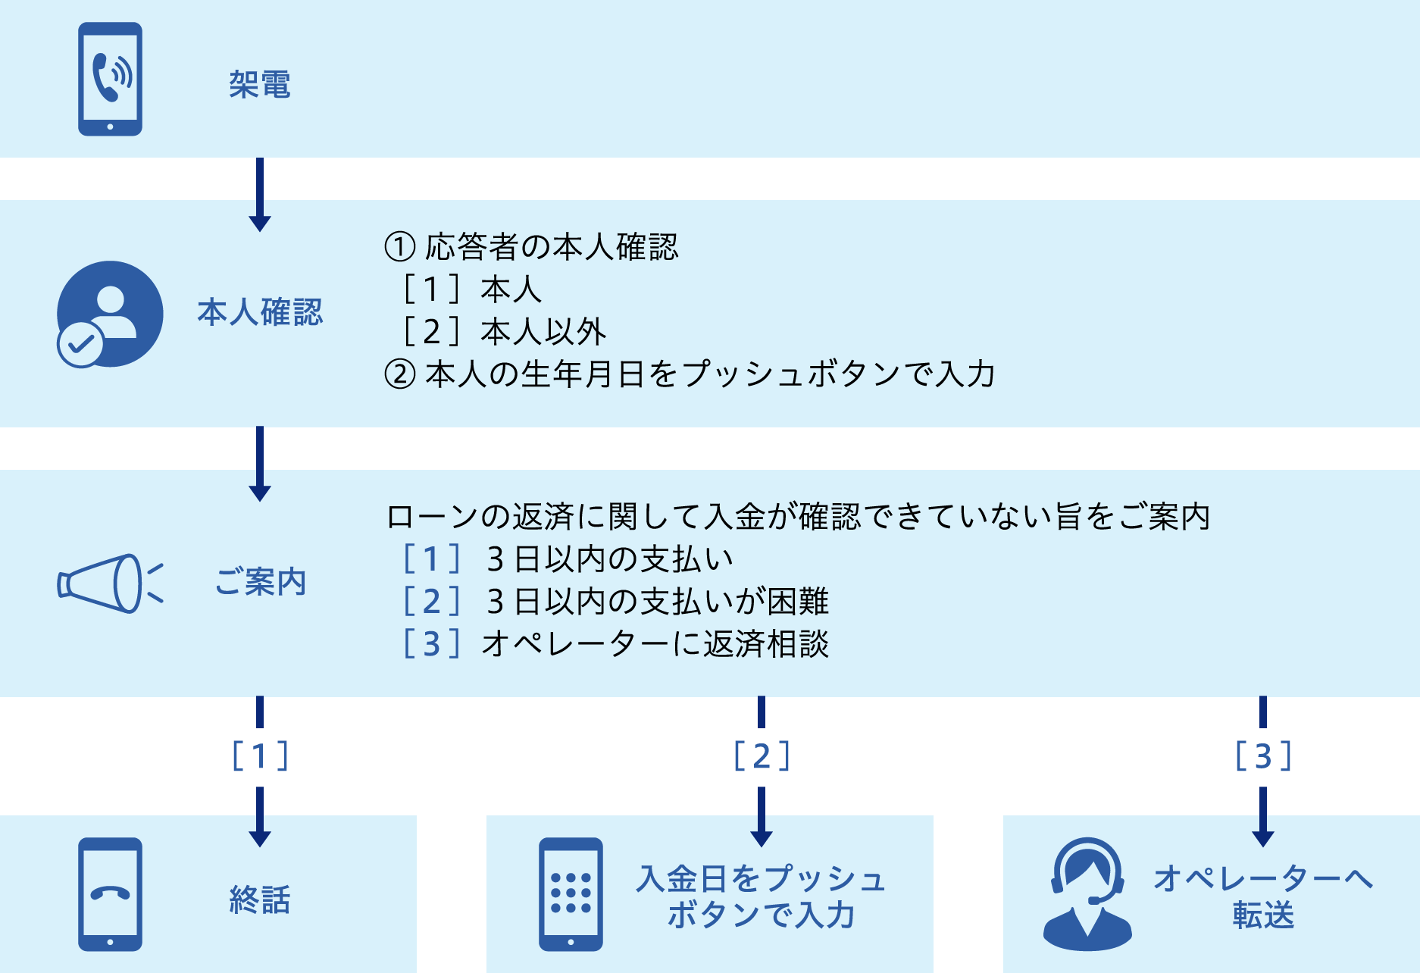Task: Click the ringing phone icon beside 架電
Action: tap(110, 79)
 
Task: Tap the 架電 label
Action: tap(260, 84)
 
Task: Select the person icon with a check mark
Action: tap(109, 314)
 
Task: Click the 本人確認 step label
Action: tap(260, 312)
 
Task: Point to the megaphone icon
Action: tap(111, 583)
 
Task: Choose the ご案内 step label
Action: tap(260, 582)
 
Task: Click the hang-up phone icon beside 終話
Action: tap(110, 894)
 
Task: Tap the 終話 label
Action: tap(260, 899)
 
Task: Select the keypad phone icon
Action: tap(571, 894)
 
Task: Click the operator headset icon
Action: tap(1087, 894)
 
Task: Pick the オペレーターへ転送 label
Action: tap(1263, 896)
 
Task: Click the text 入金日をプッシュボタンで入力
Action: tap(761, 896)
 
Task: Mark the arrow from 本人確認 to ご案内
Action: tap(260, 464)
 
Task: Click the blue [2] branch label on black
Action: tap(762, 756)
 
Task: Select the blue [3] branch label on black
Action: tap(1263, 756)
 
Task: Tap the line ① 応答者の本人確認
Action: tap(532, 246)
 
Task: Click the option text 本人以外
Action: tap(543, 332)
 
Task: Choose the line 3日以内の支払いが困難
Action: tap(657, 602)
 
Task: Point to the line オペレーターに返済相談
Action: tap(655, 644)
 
